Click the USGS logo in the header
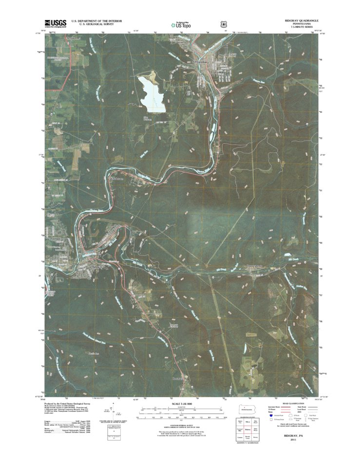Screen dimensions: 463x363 click(x=54, y=23)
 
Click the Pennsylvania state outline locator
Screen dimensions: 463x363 click(x=248, y=409)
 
